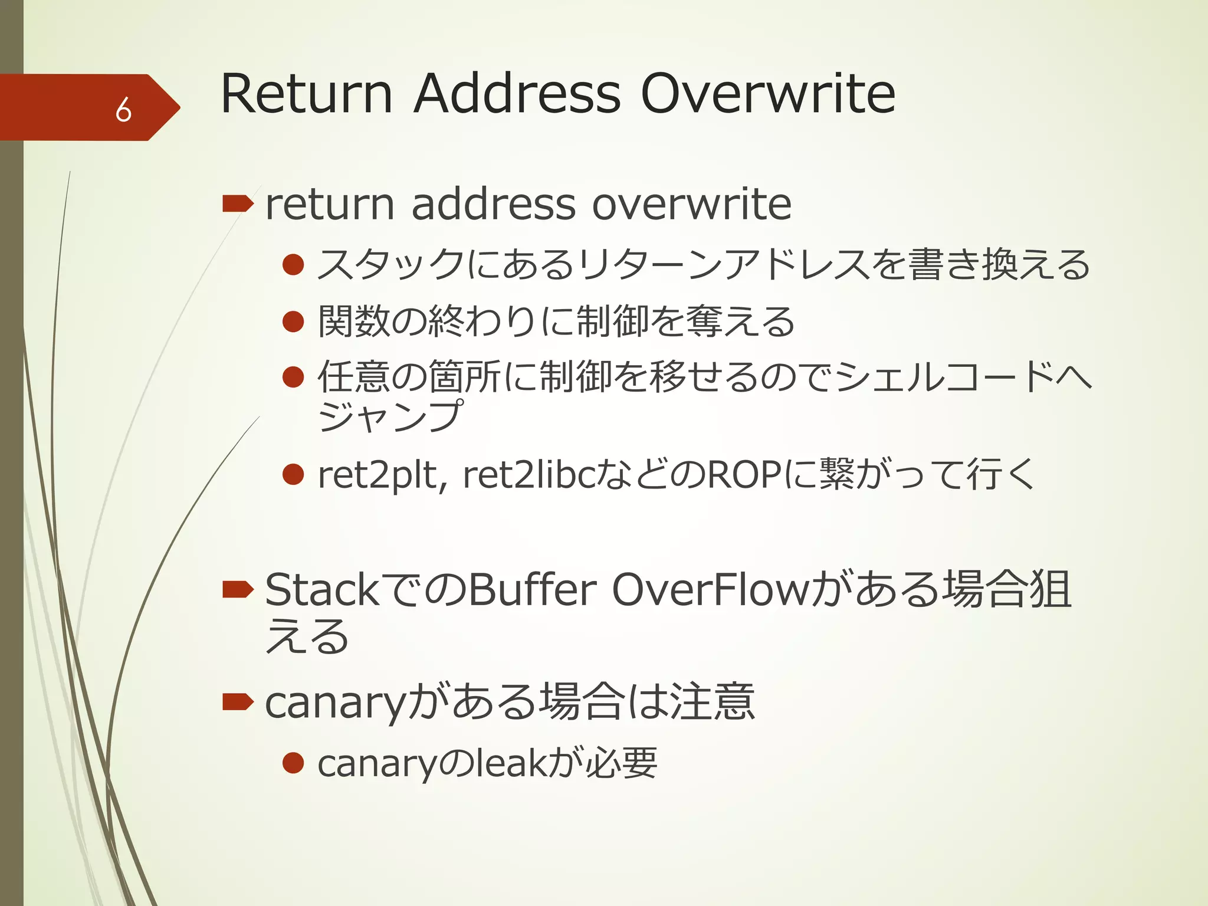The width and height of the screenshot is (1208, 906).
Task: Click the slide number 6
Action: coord(123,109)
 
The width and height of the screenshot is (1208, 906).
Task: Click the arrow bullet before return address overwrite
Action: coord(238,205)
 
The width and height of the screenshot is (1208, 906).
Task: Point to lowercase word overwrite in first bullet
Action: coord(691,205)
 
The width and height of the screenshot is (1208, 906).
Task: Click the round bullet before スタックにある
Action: coord(293,265)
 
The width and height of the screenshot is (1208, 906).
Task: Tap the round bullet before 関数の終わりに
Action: coord(293,321)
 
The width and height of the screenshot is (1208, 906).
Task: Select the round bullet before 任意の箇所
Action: coord(293,377)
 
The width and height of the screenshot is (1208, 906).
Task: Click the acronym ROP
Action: coord(745,475)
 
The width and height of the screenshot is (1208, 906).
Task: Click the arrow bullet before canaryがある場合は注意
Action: coord(238,701)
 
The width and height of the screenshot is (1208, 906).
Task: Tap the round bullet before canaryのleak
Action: coord(293,763)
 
